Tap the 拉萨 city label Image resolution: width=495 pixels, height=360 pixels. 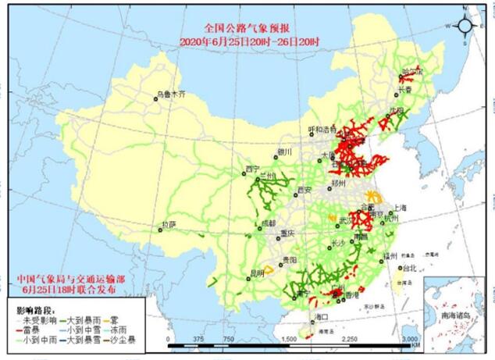tap(168, 224)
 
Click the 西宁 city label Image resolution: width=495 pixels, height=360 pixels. tap(251, 169)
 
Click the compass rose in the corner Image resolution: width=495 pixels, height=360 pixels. tap(464, 25)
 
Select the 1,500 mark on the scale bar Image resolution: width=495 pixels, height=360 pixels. tap(288, 339)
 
